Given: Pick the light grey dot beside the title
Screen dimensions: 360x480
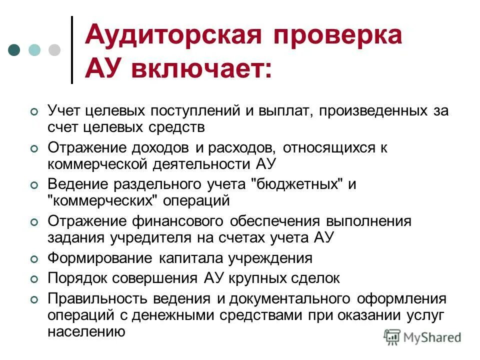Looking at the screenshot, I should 53,50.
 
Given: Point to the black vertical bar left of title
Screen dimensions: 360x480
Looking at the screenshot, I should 72,50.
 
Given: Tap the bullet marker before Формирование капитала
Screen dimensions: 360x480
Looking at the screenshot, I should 33,259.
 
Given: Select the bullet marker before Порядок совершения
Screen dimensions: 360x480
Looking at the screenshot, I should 33,279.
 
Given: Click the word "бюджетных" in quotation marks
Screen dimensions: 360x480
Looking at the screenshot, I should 299,184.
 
